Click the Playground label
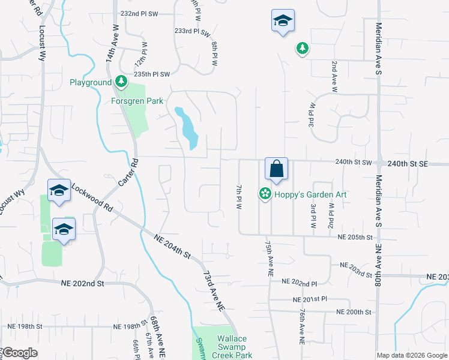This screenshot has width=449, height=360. point(90,82)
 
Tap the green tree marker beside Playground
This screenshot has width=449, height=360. point(121,81)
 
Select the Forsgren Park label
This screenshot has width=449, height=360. point(137,101)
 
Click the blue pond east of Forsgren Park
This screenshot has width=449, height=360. point(187,127)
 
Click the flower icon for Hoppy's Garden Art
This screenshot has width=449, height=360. point(264,194)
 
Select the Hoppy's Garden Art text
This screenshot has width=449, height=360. point(311,194)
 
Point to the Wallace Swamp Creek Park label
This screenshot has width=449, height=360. point(232,347)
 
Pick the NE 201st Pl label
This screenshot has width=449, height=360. point(309,299)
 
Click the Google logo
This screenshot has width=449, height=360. point(20,353)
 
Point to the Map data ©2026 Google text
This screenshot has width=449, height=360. point(411,355)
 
